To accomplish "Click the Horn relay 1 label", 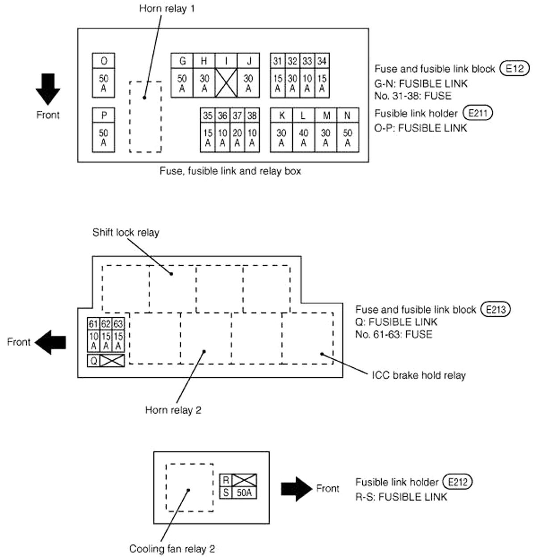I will click(x=167, y=8).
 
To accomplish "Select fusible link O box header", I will click(x=104, y=61).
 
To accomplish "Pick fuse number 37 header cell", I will click(x=237, y=116).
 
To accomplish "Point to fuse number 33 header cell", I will click(x=307, y=61).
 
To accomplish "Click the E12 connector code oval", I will click(x=514, y=69).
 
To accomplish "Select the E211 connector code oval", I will click(x=477, y=113).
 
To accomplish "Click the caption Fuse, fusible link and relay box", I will click(x=230, y=171).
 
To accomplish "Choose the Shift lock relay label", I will click(x=126, y=233).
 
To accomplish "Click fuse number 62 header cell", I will click(x=106, y=324).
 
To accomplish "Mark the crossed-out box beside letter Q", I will click(x=112, y=361).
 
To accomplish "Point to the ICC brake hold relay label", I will click(x=419, y=375).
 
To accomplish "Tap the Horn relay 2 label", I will click(x=173, y=410).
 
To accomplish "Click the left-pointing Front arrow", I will click(x=50, y=342).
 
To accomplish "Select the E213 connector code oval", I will click(x=495, y=309).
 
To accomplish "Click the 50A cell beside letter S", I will click(x=244, y=493).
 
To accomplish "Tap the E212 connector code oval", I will click(x=457, y=482).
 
